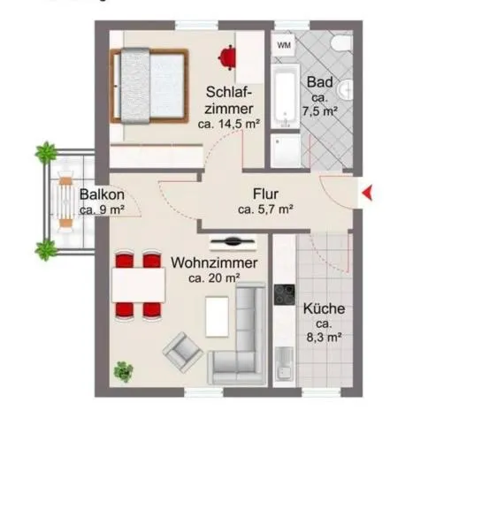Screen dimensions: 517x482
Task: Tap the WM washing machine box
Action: click(x=284, y=44)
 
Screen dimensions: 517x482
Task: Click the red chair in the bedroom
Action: click(x=228, y=56)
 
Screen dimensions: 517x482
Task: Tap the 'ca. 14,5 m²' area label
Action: click(x=228, y=125)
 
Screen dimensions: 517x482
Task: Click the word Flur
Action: click(x=264, y=194)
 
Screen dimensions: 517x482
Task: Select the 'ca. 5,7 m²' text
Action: click(x=265, y=209)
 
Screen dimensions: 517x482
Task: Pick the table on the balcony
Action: click(x=65, y=202)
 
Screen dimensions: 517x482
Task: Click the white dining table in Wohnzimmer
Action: click(x=138, y=285)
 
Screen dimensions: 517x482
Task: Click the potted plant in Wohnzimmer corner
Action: click(x=124, y=370)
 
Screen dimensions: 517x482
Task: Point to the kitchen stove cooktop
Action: click(x=284, y=294)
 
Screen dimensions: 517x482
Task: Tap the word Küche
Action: click(x=324, y=310)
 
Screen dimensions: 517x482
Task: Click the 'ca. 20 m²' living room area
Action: click(x=215, y=278)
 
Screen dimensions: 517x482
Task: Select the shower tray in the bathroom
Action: click(x=287, y=151)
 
